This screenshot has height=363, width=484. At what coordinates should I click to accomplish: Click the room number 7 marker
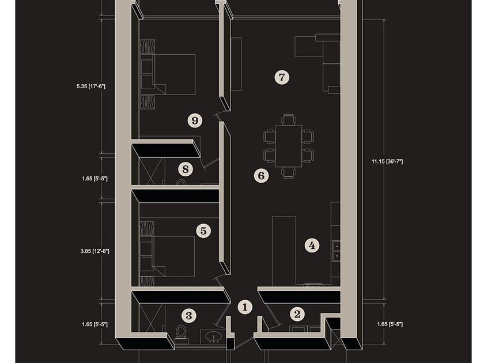pyautogui.click(x=282, y=77)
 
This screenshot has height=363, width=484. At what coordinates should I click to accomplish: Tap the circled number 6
pyautogui.click(x=261, y=176)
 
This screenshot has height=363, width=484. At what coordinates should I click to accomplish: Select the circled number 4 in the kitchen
pyautogui.click(x=312, y=245)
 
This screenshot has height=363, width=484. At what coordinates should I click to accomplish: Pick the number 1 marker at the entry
pyautogui.click(x=245, y=308)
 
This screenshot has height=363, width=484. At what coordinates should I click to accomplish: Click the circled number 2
pyautogui.click(x=297, y=314)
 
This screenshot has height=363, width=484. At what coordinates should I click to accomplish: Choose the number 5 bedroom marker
pyautogui.click(x=203, y=230)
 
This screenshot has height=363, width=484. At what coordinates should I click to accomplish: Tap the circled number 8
pyautogui.click(x=185, y=169)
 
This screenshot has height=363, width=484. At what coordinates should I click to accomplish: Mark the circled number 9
pyautogui.click(x=195, y=120)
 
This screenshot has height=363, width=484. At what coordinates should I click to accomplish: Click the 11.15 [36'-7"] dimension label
pyautogui.click(x=387, y=161)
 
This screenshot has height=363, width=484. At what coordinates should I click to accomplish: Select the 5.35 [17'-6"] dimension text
pyautogui.click(x=91, y=86)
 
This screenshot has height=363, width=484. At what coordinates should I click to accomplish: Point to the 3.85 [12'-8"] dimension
pyautogui.click(x=94, y=251)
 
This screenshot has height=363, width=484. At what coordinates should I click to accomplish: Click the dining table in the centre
pyautogui.click(x=289, y=146)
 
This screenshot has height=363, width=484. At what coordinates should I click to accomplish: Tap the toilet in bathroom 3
pyautogui.click(x=180, y=334)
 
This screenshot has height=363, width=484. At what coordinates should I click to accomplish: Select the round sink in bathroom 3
pyautogui.click(x=213, y=336)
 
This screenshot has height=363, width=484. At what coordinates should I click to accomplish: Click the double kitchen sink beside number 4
pyautogui.click(x=336, y=251)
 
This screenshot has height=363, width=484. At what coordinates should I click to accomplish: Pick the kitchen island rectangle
pyautogui.click(x=283, y=251)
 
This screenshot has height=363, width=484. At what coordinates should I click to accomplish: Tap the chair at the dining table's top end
pyautogui.click(x=289, y=119)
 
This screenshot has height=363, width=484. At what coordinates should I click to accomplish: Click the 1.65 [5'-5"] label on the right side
pyautogui.click(x=390, y=324)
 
